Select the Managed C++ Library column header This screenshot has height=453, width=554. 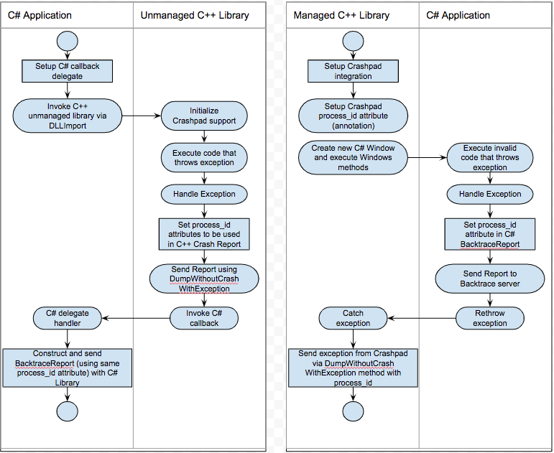[x=341, y=15]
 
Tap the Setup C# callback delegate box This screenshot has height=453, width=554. [x=67, y=71]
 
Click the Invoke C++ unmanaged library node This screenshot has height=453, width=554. [x=67, y=116]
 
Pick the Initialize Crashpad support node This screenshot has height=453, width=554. [x=204, y=116]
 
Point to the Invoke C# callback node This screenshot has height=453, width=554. [x=204, y=318]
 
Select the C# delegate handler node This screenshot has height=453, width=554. [x=67, y=318]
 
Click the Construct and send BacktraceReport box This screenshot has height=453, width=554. [x=67, y=368]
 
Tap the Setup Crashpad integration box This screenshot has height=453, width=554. [x=353, y=71]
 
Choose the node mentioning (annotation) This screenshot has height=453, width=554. [x=353, y=116]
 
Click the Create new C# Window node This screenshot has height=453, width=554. [x=353, y=157]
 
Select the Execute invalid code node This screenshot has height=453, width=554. [x=490, y=157]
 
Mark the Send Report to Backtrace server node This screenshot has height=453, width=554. [x=490, y=278]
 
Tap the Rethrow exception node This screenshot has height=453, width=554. [x=490, y=318]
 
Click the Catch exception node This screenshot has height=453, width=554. [x=353, y=318]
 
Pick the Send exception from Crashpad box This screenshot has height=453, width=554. [x=353, y=368]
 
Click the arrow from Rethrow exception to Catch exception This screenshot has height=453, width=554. [x=423, y=318]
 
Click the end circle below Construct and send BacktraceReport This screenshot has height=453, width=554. [x=67, y=411]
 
